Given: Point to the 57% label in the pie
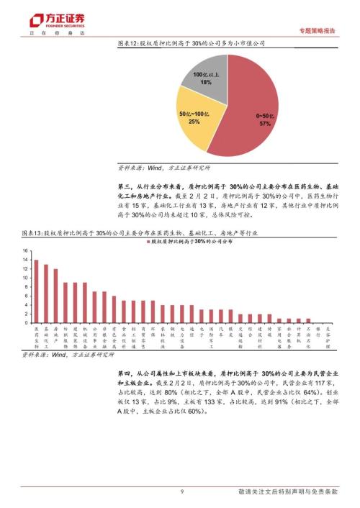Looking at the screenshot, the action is (264, 124).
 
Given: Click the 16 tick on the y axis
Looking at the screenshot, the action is (24, 251).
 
